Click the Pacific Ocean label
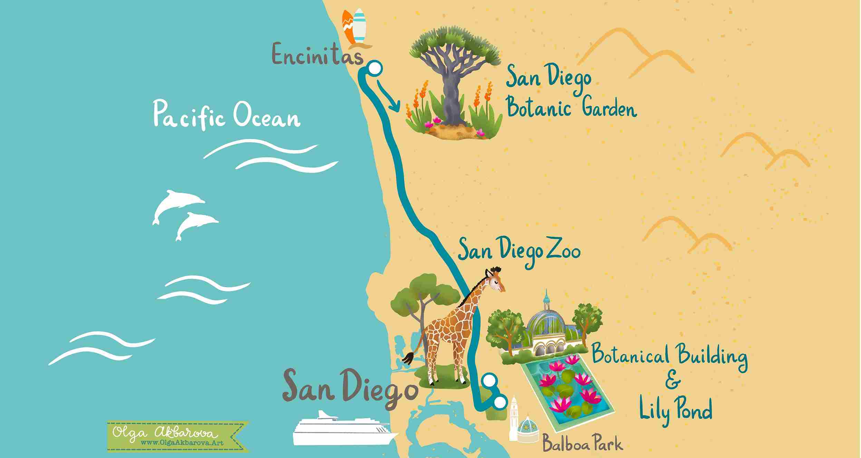(226, 116)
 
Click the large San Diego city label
(349, 388)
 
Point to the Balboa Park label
(582, 444)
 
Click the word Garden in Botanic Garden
(609, 110)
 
